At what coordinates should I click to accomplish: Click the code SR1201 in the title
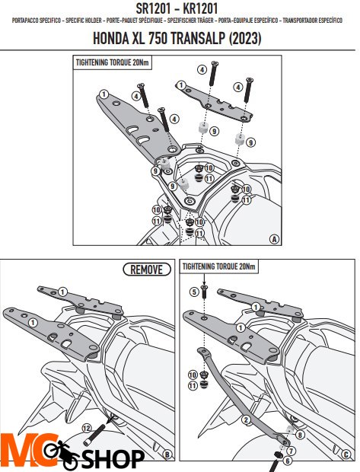coord(154,8)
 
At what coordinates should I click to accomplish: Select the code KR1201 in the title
coord(200,8)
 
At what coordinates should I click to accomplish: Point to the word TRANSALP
coord(198,38)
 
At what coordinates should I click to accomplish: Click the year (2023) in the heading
coord(245,39)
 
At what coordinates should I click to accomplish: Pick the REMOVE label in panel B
coord(147,269)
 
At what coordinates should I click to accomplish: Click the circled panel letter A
coord(274,239)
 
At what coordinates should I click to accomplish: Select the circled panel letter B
coord(167,454)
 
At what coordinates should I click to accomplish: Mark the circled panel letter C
coord(346,454)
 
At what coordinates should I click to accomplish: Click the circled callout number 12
coord(87,428)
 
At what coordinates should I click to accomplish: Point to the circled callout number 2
coord(246,419)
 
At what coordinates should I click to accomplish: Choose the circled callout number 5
coord(194,292)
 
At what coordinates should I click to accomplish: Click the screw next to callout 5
coord(205,292)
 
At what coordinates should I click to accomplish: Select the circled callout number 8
coord(300,435)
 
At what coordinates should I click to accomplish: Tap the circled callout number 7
coord(291,451)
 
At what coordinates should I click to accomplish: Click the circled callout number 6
coord(288,461)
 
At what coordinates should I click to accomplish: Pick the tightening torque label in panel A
coord(113,62)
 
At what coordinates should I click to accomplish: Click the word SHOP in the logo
coord(113,459)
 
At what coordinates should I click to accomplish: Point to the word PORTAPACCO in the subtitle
coord(25,21)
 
